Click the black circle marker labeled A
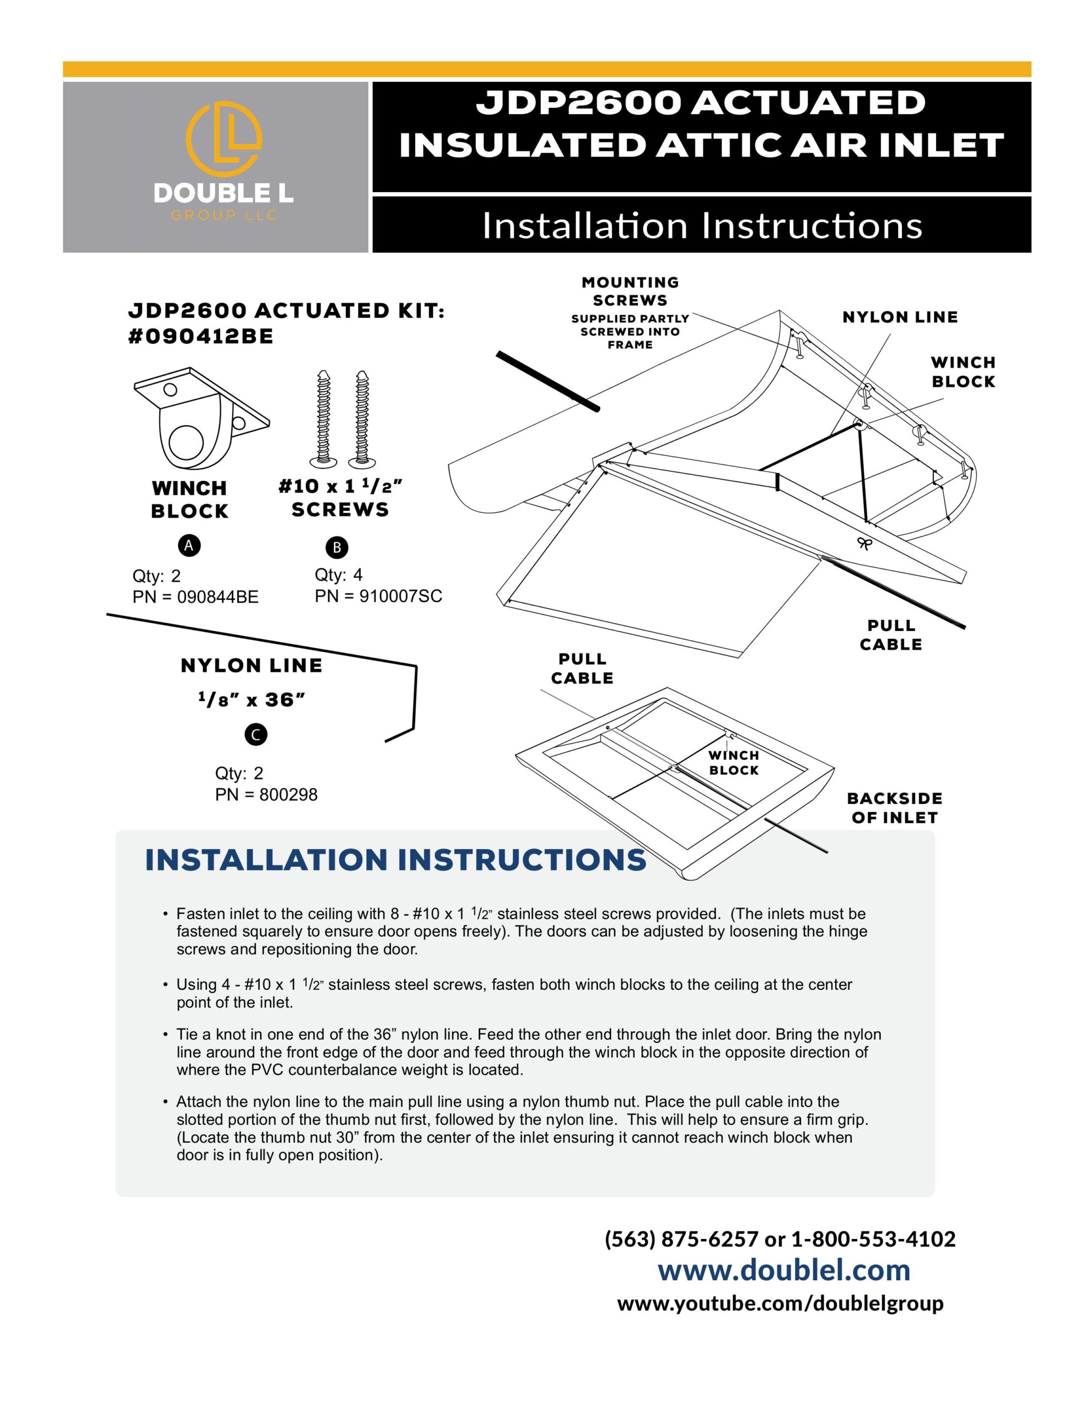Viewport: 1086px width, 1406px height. click(x=189, y=545)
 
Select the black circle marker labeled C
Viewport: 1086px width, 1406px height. click(x=255, y=734)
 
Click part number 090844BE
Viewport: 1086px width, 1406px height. click(x=217, y=597)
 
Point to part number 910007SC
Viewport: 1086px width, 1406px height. click(x=400, y=596)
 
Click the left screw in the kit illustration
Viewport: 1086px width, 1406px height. click(x=323, y=419)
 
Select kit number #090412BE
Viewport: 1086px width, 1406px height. click(x=201, y=337)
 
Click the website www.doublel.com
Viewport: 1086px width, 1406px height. click(x=783, y=1270)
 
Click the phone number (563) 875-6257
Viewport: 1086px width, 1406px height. click(x=681, y=1238)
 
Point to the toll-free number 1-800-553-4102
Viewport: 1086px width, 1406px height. click(x=873, y=1238)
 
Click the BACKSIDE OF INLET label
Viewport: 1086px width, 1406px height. click(x=894, y=808)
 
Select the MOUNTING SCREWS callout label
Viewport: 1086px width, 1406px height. click(x=630, y=292)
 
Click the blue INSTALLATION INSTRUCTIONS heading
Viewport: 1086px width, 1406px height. click(x=395, y=860)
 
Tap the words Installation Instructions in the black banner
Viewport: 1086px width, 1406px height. click(x=702, y=225)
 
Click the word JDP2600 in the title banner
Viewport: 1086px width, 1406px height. click(x=578, y=103)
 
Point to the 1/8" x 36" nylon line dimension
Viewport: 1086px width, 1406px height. click(x=251, y=700)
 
